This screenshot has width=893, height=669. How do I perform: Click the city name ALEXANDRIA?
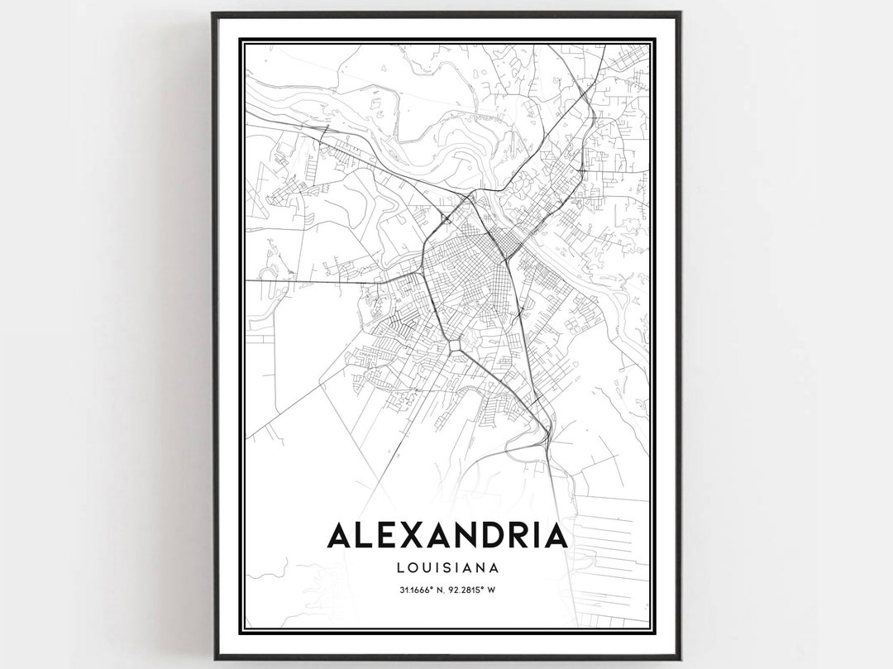tap(447, 535)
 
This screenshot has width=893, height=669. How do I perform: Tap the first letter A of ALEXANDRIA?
tap(340, 535)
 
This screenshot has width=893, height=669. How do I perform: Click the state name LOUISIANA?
tap(447, 568)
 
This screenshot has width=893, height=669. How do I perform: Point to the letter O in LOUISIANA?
tap(413, 568)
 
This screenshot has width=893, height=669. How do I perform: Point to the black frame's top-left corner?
tap(214, 14)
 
